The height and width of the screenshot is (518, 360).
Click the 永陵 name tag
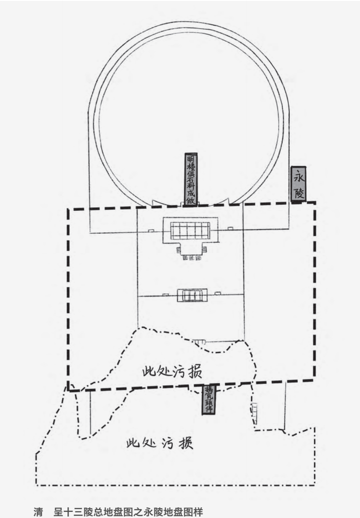click(298, 184)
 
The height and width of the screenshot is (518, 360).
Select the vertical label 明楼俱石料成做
click(190, 179)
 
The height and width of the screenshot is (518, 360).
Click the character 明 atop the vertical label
click(190, 159)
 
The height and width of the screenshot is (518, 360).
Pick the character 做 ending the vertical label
click(190, 200)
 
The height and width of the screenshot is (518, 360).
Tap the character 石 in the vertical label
click(190, 179)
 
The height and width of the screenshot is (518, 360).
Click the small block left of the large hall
click(150, 230)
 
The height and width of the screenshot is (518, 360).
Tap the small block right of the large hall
click(230, 229)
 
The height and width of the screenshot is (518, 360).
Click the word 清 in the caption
click(38, 511)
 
